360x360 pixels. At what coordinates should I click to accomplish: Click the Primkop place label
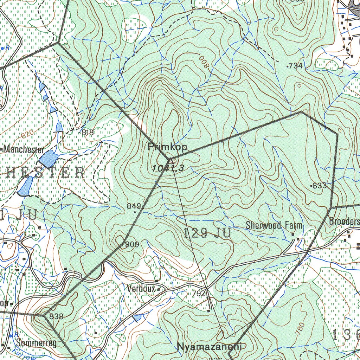pyautogui.click(x=168, y=147)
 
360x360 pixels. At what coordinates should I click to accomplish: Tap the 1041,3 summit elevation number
pyautogui.click(x=168, y=169)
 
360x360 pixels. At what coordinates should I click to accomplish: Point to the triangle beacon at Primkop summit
pyautogui.click(x=171, y=161)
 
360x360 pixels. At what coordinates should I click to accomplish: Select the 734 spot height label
pyautogui.click(x=295, y=66)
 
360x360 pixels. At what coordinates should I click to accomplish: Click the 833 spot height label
pyautogui.click(x=319, y=186)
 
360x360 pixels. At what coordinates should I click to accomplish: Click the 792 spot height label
pyautogui.click(x=198, y=293)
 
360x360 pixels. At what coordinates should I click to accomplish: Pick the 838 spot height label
pyautogui.click(x=56, y=316)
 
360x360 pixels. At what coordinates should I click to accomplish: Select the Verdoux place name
pyautogui.click(x=141, y=289)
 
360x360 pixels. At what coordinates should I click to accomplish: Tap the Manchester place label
pyautogui.click(x=24, y=150)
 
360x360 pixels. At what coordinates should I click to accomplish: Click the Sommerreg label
pyautogui.click(x=36, y=343)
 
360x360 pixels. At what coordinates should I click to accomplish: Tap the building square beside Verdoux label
pyautogui.click(x=159, y=290)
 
